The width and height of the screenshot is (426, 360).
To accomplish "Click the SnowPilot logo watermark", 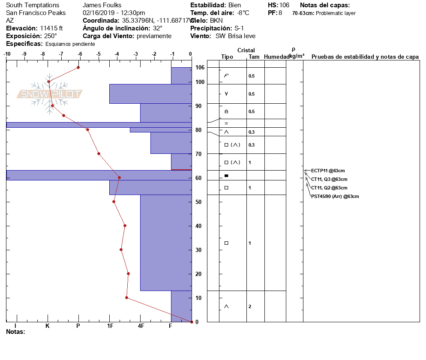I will coord(49,94).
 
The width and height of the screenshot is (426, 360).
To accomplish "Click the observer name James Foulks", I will coord(102,5).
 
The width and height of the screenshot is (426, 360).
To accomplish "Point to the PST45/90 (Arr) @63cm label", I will coord(335,197).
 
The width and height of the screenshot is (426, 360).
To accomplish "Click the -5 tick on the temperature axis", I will coord(99,54).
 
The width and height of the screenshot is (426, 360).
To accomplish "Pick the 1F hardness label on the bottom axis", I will coord(110,326).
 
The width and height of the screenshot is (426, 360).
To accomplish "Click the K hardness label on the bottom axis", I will coord(48,326).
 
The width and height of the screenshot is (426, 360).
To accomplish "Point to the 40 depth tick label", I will coord(198,226).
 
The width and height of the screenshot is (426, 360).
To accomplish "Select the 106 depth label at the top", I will coord(200,68).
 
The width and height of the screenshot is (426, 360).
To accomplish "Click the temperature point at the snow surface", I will coord(78,67).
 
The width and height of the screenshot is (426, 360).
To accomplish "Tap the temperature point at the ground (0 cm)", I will coord(192,322).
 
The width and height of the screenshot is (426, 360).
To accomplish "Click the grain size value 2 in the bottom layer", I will coord(250,306).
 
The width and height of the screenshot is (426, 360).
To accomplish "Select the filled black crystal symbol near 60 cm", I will coord(226,176).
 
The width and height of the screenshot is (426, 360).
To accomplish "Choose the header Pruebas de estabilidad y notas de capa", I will coord(365,57).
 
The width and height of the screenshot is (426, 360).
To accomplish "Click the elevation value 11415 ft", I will coord(51,28).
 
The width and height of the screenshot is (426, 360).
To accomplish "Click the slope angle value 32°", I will coord(158,28).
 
